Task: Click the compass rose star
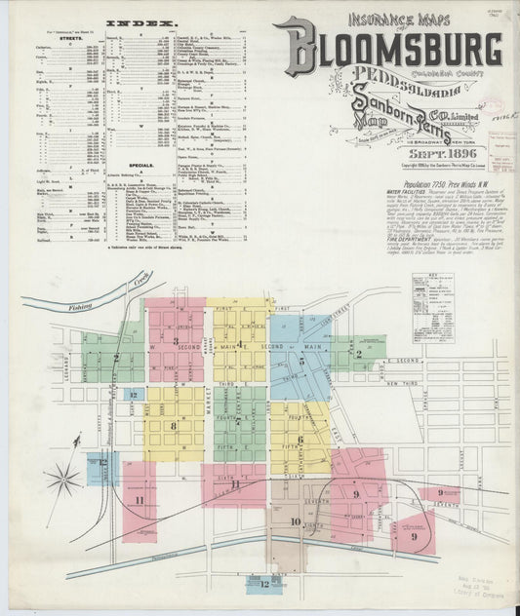pos(63,480)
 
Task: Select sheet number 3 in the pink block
pos(175,341)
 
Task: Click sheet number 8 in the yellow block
pos(173,425)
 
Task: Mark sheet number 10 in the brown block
pos(296,521)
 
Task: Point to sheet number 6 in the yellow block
pos(300,440)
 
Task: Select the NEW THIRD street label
pos(406,385)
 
